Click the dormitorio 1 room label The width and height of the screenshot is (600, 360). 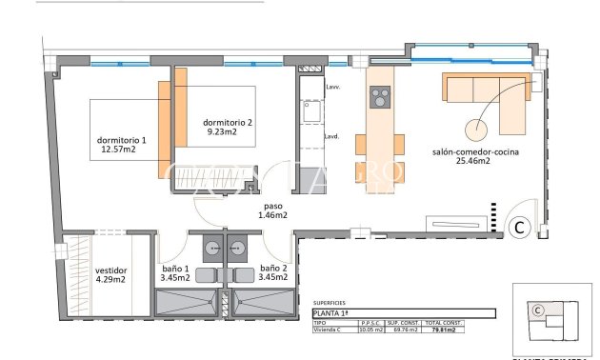pyautogui.click(x=121, y=147)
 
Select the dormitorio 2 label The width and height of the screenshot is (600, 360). pyautogui.click(x=228, y=128)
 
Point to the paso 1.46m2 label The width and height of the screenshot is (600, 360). pyautogui.click(x=271, y=210)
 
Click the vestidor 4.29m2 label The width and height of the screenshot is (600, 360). pyautogui.click(x=110, y=276)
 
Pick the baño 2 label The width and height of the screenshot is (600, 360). pyautogui.click(x=272, y=273)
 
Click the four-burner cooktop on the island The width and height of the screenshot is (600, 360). pyautogui.click(x=380, y=98)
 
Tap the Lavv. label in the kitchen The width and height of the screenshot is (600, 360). pyautogui.click(x=332, y=87)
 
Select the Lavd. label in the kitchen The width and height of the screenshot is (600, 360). pyautogui.click(x=332, y=136)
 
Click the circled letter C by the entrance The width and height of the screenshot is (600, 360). pyautogui.click(x=520, y=227)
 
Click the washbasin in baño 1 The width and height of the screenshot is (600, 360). pyautogui.click(x=209, y=245)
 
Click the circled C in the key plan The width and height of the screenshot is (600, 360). pyautogui.click(x=537, y=310)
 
